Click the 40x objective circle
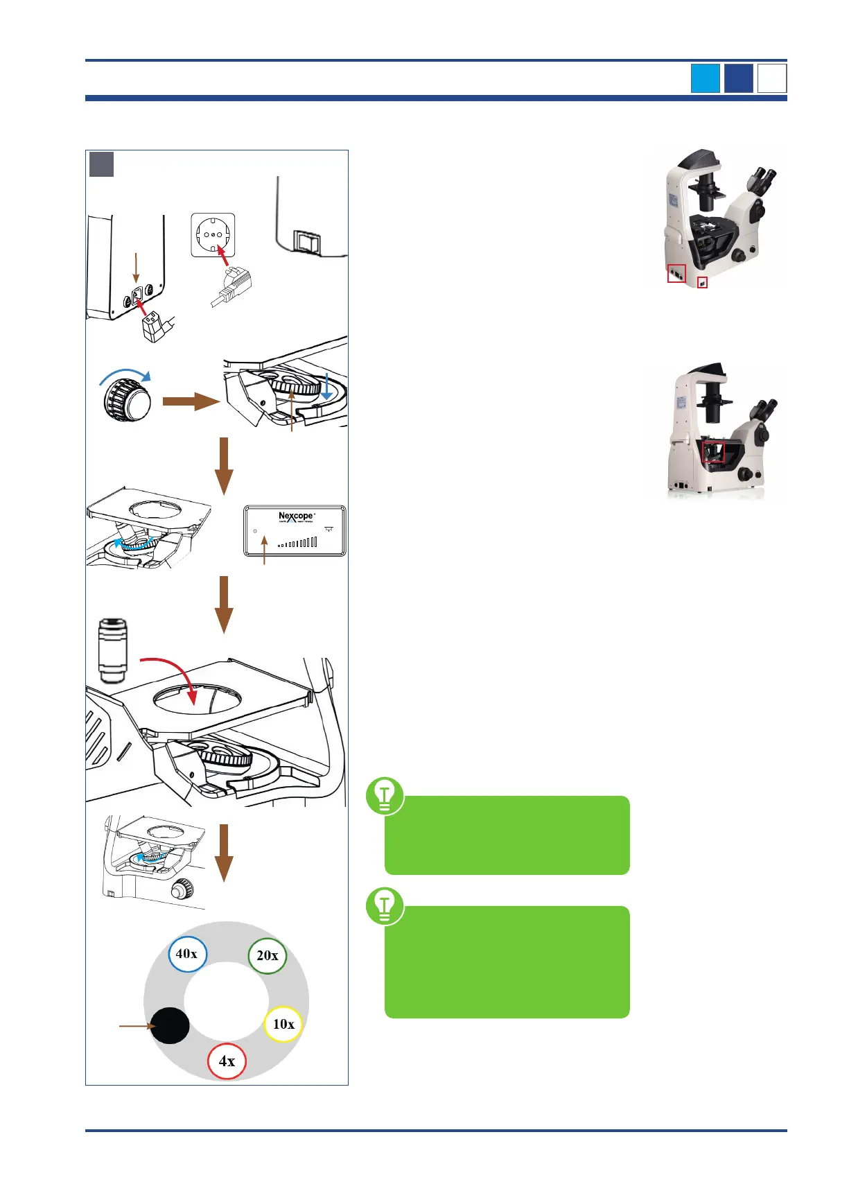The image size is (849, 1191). [187, 954]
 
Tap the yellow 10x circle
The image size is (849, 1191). [283, 1024]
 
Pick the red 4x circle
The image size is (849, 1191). [227, 1061]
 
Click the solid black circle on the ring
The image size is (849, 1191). [170, 1025]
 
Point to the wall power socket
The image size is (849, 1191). [213, 235]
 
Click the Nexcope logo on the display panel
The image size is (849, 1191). [296, 516]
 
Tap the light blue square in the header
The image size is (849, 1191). [705, 78]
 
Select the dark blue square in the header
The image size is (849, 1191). [738, 78]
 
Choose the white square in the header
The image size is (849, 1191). [772, 78]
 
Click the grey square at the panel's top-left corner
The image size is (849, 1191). [101, 164]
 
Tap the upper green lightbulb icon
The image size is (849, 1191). [385, 796]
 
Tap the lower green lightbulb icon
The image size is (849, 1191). [385, 905]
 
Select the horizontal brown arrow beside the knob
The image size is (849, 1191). [191, 401]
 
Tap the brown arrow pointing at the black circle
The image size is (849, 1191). [135, 1025]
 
